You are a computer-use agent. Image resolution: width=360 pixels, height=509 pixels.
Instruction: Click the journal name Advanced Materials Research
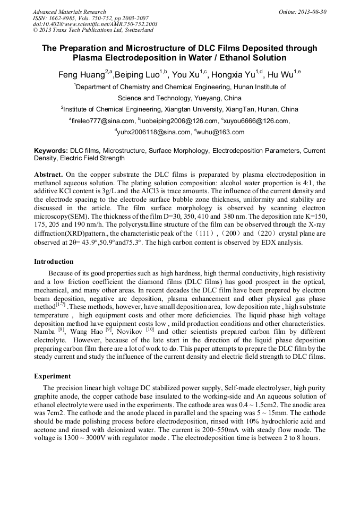pos(69,12)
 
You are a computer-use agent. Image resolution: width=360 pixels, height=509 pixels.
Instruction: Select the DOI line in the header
pos(95,24)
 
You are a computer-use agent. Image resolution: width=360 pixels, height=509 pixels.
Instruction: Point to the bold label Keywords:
pos(51,151)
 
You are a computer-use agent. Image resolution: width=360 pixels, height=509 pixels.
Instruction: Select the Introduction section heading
pos(54,262)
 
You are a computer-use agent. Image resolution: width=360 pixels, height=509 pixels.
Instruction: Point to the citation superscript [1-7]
pos(61,306)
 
